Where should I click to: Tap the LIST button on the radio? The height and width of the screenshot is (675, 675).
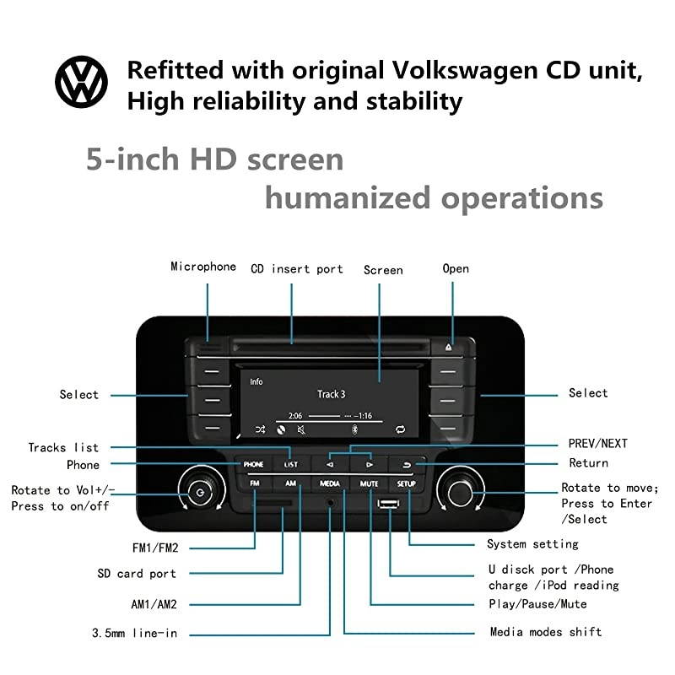290,464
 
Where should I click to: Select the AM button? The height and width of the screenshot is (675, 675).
290,483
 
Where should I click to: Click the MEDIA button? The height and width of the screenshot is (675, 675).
330,483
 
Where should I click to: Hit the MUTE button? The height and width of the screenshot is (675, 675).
369,483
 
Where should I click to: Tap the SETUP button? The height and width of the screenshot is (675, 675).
407,483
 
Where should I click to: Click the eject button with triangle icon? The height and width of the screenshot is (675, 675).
448,346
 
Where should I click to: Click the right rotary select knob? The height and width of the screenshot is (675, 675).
461,489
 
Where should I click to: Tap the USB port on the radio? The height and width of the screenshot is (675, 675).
388,505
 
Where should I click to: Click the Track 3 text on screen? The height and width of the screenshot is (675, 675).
331,394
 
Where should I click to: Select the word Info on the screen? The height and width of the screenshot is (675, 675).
256,381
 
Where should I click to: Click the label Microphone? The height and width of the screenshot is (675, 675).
203,267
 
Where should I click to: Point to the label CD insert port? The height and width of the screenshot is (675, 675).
297,269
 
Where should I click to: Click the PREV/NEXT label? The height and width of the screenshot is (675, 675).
597,444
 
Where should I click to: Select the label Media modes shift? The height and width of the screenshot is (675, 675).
546,632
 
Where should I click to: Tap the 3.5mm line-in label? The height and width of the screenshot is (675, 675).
134,633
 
